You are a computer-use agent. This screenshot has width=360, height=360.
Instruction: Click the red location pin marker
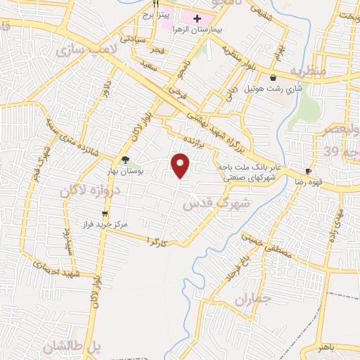pyautogui.click(x=181, y=166)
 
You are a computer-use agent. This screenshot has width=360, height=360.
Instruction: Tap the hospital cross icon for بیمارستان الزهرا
pyautogui.click(x=197, y=18)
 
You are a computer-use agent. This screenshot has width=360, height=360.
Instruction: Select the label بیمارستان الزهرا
pyautogui.click(x=210, y=30)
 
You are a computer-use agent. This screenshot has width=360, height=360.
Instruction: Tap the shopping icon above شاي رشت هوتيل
pyautogui.click(x=272, y=77)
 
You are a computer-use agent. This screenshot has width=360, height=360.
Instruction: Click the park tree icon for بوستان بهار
pyautogui.click(x=125, y=160)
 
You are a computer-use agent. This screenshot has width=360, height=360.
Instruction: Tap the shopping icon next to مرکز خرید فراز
pyautogui.click(x=105, y=213)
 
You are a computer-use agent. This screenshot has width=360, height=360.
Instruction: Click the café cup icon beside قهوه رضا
pyautogui.click(x=307, y=172)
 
